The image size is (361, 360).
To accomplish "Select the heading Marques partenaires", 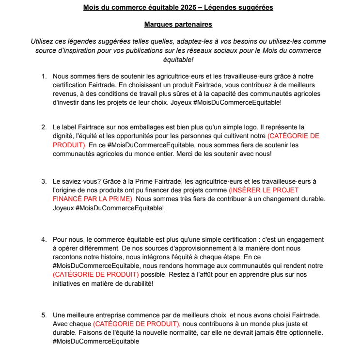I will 178,24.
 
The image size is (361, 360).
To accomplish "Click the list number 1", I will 43,76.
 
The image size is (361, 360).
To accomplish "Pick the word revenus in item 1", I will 64,94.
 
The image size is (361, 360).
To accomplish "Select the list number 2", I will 43,127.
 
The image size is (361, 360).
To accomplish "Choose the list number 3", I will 43,181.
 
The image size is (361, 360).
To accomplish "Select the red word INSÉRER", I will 245,190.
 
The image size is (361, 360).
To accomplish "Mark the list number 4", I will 43,239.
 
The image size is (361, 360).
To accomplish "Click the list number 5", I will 43,315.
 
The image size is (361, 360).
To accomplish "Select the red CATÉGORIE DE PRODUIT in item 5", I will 136,324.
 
